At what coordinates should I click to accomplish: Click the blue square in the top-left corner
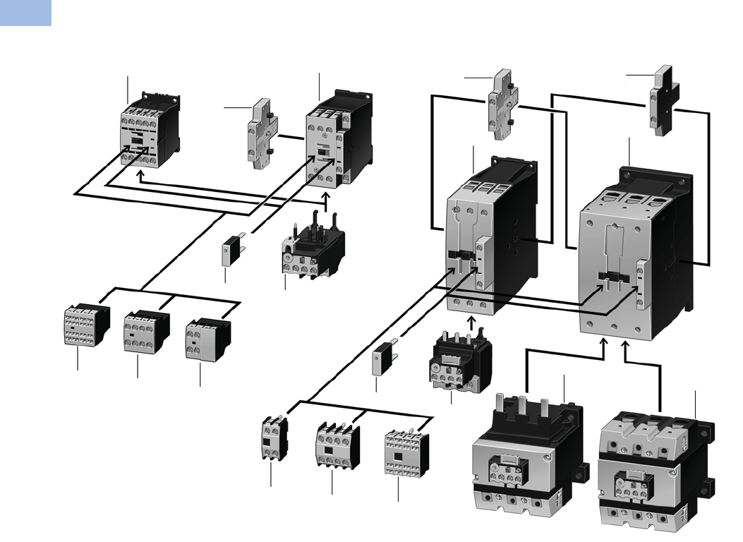tap(25, 13)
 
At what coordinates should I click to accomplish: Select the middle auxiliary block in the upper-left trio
tap(145, 331)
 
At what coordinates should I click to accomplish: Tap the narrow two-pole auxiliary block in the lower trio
tap(272, 438)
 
